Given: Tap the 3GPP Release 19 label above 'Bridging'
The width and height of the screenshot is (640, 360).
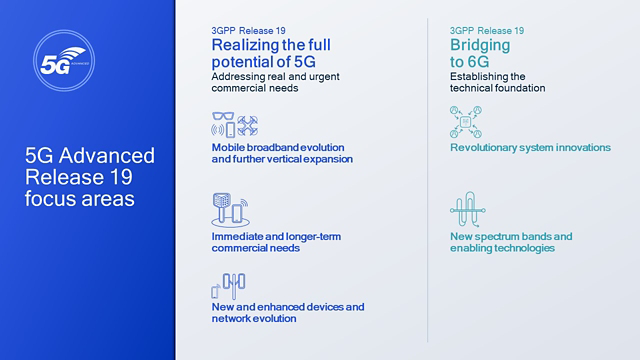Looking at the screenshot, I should [x=487, y=31].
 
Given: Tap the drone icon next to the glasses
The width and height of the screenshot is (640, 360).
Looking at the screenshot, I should [x=248, y=128].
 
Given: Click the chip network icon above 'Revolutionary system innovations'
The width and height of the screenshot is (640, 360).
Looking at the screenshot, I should [x=467, y=122].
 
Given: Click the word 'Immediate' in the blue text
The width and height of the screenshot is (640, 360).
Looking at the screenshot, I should [x=236, y=236].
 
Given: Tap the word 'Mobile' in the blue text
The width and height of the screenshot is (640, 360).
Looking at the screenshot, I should [x=228, y=147].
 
